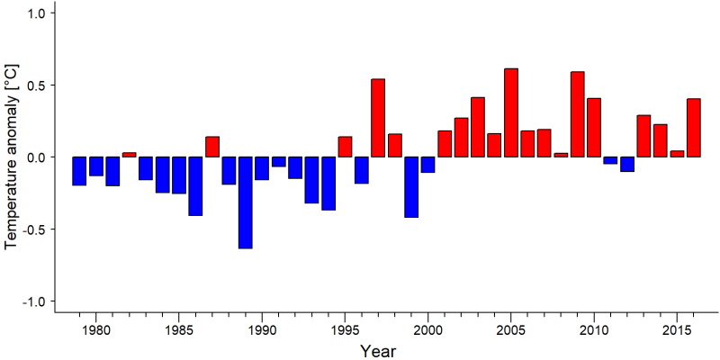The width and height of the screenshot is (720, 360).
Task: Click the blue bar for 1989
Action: (x=245, y=202)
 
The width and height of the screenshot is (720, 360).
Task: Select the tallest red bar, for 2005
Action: (x=511, y=112)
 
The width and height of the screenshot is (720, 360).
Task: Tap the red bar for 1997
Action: (x=378, y=118)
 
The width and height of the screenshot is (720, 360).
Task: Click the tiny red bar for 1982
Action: (x=129, y=155)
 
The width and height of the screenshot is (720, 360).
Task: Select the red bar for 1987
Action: (x=212, y=147)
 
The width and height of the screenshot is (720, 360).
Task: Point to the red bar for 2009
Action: (x=578, y=114)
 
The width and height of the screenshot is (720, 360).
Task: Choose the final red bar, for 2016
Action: (x=694, y=128)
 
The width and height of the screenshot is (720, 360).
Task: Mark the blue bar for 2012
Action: (x=627, y=164)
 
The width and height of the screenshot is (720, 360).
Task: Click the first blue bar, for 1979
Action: (x=79, y=171)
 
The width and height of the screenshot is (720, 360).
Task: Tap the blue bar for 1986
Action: (x=195, y=186)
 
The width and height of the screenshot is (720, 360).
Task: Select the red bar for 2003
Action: (x=478, y=127)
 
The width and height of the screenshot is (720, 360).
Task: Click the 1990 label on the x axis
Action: (x=262, y=330)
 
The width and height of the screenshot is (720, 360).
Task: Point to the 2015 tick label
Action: (x=678, y=330)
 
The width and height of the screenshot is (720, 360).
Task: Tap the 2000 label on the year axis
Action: (x=428, y=330)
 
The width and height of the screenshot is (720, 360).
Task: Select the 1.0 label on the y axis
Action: (x=36, y=13)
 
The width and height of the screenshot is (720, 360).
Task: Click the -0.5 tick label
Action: (x=33, y=229)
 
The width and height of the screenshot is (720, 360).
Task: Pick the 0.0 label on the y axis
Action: (x=36, y=157)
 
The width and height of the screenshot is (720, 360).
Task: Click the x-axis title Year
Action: (x=377, y=351)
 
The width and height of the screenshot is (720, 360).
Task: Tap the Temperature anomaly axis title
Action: (x=11, y=157)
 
